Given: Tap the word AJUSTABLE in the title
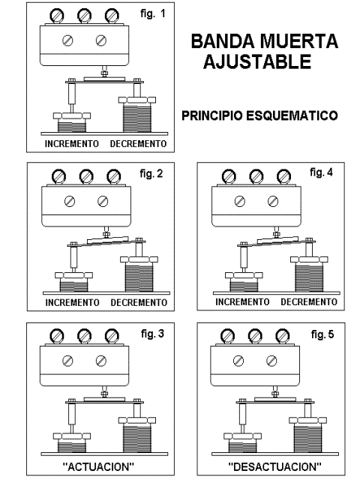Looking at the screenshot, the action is (257, 61).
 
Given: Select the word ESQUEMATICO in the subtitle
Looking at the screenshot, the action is (292, 115).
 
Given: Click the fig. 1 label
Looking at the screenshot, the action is (153, 13).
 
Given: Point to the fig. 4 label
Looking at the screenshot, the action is (321, 172).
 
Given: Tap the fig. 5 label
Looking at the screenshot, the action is (322, 334).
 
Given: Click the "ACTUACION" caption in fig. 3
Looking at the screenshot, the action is (98, 466).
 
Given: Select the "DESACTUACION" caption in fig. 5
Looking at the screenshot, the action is (274, 466).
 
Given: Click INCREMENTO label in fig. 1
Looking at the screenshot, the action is (72, 144).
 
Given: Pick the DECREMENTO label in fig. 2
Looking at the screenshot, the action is (139, 302).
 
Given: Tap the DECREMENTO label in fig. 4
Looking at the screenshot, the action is (309, 302).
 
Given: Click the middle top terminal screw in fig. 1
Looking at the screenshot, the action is (84, 15).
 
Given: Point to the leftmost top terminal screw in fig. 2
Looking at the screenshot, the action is (59, 176).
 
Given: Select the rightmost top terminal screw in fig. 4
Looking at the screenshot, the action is (283, 176).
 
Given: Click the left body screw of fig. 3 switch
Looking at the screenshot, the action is (67, 361).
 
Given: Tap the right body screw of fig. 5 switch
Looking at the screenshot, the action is (271, 361).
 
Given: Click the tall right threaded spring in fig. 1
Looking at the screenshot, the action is (137, 118).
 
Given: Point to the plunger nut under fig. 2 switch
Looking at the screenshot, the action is (106, 234).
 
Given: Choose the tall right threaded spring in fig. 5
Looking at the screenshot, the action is (308, 438).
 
